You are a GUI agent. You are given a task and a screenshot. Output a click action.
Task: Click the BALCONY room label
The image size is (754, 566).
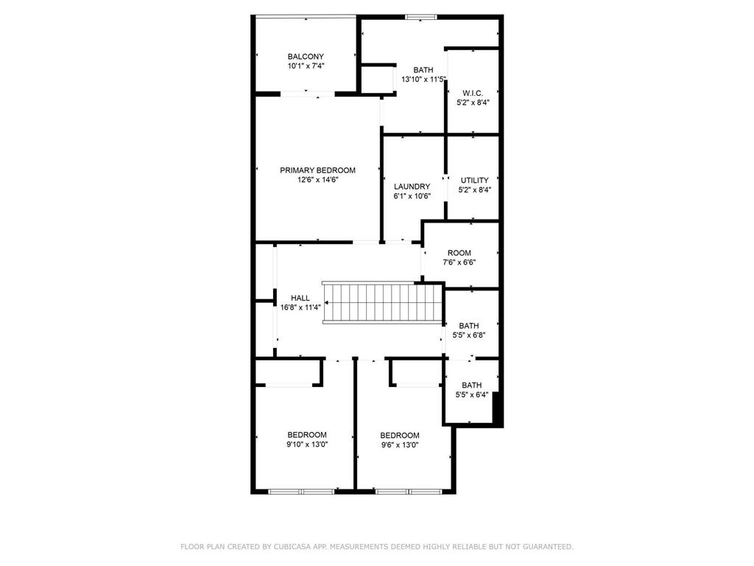(306, 57)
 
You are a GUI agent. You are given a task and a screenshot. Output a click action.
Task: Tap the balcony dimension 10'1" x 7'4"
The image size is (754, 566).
(306, 66)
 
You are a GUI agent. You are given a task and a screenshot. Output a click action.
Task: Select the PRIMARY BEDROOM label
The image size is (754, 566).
(317, 170)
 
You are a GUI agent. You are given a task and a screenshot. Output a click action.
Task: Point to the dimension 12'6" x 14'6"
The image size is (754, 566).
(317, 180)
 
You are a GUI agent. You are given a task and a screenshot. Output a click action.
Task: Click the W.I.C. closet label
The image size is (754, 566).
(473, 93)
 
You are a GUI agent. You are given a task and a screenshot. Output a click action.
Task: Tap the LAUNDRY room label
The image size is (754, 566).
(412, 187)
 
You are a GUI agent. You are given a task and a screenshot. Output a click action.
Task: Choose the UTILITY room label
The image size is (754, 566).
(474, 181)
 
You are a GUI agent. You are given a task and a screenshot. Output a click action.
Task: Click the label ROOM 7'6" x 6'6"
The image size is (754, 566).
(459, 254)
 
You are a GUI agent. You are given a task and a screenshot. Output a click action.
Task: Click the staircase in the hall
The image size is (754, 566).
(383, 302)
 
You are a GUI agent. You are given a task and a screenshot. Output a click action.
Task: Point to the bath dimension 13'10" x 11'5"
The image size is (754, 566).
(423, 80)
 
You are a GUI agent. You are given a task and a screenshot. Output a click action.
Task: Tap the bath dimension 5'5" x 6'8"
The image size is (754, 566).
(469, 335)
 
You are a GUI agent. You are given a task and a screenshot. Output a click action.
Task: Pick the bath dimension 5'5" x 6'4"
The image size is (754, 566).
(471, 394)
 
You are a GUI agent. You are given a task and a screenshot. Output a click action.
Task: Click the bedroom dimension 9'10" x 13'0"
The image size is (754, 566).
(307, 444)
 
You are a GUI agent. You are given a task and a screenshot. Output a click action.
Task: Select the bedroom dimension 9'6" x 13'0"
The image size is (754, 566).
(400, 445)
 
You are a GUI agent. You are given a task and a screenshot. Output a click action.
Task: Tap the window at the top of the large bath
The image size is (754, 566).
(421, 16)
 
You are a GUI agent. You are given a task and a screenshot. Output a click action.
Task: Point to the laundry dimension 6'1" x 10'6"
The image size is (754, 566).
(412, 197)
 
